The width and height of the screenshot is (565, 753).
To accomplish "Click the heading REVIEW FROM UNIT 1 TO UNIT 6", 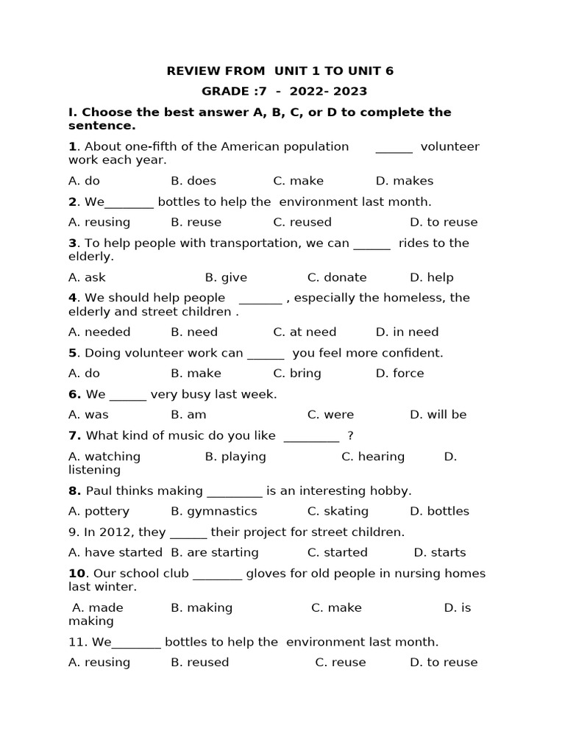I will (x=280, y=71).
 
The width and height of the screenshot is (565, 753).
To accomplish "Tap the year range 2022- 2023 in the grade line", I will (x=328, y=92).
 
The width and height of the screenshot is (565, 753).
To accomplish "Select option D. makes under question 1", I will (x=404, y=181).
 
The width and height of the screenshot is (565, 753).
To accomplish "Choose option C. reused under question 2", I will (x=302, y=222).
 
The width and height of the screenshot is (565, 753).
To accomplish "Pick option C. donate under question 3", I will (x=336, y=277).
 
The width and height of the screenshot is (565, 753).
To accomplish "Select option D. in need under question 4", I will (x=407, y=332).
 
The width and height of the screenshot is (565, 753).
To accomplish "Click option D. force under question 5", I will (x=399, y=373).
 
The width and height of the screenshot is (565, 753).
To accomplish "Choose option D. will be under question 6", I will (x=438, y=414).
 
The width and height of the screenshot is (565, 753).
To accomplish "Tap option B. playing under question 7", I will (x=235, y=457).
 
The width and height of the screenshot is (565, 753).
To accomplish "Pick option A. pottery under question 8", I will (x=99, y=511).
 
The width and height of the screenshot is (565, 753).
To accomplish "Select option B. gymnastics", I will (x=213, y=511).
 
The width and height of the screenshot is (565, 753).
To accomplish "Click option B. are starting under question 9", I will (x=214, y=552).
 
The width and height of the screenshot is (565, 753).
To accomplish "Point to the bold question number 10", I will (x=77, y=574).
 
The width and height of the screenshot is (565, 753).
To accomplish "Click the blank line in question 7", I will (x=310, y=436).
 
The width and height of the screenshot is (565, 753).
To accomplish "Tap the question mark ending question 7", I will (x=350, y=436).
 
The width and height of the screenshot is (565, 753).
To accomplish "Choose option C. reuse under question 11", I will (x=340, y=663).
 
